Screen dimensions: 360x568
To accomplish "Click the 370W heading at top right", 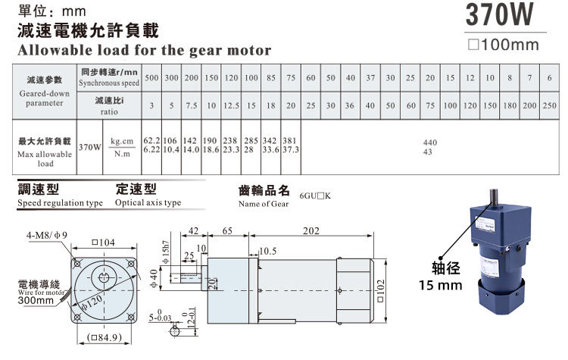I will click(x=504, y=15).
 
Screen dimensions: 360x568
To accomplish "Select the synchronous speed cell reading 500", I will click(x=151, y=78).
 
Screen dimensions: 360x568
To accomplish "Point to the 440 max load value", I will click(x=430, y=142).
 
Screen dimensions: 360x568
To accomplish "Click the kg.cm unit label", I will click(x=121, y=141).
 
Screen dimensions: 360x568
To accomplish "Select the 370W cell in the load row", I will click(x=89, y=147).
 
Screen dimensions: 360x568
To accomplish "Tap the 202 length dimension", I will click(x=311, y=232).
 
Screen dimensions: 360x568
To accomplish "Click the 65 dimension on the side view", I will click(x=227, y=232).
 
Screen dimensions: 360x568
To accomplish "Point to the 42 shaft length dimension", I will click(x=193, y=232).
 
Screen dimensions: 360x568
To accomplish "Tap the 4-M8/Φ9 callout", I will click(x=46, y=235).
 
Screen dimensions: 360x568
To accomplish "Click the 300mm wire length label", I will click(x=36, y=301).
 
